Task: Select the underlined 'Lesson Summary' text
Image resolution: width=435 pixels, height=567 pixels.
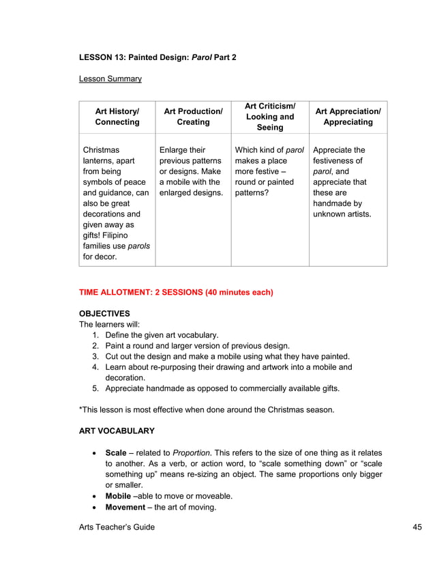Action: pyautogui.click(x=110, y=79)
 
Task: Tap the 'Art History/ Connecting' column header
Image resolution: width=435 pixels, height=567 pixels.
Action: pyautogui.click(x=117, y=117)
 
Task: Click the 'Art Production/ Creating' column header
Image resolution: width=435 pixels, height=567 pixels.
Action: pyautogui.click(x=193, y=117)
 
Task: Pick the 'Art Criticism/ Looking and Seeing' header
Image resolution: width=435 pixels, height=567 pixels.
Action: pyautogui.click(x=270, y=117)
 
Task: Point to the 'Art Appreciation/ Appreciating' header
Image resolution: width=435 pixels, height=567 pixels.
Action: pyautogui.click(x=348, y=117)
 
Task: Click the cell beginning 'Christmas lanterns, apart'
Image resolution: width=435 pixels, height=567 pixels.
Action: pyautogui.click(x=116, y=203)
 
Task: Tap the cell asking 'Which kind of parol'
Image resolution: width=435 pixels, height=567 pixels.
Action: pyautogui.click(x=269, y=171)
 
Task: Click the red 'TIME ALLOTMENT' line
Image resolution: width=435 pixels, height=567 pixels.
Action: pyautogui.click(x=176, y=293)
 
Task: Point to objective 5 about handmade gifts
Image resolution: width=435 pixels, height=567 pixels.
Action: pyautogui.click(x=222, y=388)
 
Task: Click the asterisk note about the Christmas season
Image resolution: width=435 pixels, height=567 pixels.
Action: pyautogui.click(x=207, y=409)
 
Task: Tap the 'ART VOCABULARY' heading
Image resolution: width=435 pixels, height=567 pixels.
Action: pyautogui.click(x=117, y=431)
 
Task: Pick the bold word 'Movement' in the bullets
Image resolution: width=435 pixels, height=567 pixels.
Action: pyautogui.click(x=126, y=507)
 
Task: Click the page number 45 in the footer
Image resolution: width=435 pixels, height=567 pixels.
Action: pyautogui.click(x=418, y=527)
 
